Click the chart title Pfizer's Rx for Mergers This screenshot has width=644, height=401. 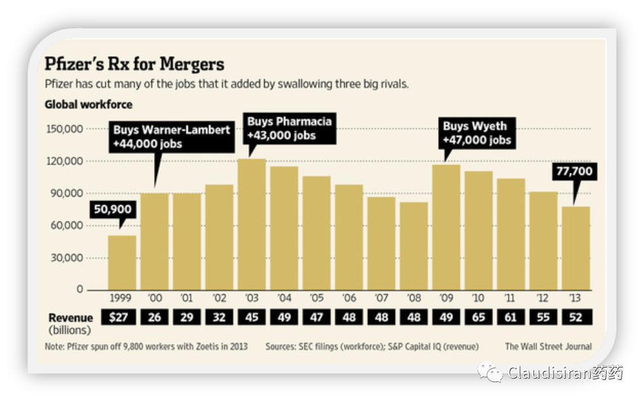134,65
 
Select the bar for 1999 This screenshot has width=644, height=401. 122,263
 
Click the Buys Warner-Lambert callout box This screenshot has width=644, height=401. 172,136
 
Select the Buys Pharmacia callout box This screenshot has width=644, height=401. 289,128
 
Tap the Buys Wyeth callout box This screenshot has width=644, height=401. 477,132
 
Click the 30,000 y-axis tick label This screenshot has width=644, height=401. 66,258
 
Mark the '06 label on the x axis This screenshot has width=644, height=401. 348,299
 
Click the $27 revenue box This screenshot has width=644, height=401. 122,317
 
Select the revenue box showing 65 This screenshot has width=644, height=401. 477,317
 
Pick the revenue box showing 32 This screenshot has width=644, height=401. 219,317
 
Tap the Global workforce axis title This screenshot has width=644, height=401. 88,105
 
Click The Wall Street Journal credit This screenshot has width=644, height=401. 548,346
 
